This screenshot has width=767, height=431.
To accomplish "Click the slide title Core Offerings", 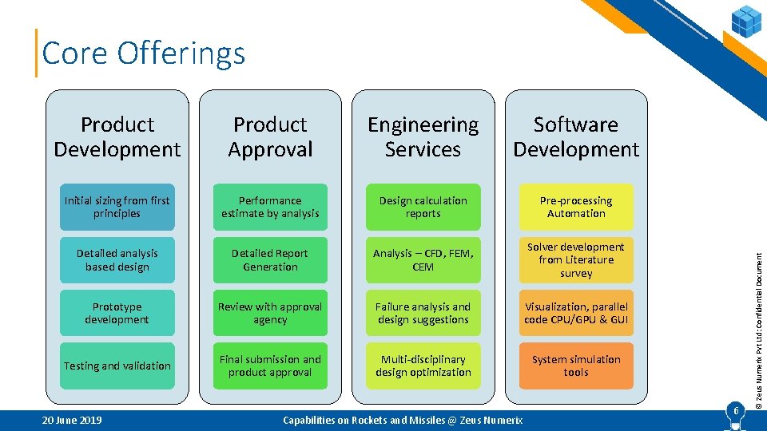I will coord(144,53).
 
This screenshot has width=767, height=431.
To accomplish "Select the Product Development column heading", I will coord(117,136).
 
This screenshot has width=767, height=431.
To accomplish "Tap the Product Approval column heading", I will coord(270,136).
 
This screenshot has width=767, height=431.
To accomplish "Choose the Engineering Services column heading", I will coord(423,136).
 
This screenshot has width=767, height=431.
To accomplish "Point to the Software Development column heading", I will coord(576,136).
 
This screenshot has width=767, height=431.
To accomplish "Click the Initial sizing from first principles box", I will coord(117,208).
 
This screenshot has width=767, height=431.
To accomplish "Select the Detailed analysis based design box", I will coord(117,260).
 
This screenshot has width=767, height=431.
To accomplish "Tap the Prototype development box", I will coord(117,313).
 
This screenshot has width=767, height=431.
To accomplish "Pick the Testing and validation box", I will coord(117,366).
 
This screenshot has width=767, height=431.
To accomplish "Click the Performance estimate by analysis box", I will coord(270,208).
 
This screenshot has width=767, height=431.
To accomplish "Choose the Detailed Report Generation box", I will coord(270,260).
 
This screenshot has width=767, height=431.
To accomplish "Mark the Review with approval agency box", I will coord(270,313).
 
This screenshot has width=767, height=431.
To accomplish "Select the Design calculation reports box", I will coord(423,208).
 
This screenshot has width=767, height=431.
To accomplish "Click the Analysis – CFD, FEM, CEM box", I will coord(423,260).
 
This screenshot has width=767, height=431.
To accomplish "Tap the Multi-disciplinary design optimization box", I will coord(423,366).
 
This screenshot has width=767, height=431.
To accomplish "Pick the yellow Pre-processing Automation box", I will coord(576,208).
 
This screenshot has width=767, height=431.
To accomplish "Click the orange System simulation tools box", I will coord(576,366).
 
